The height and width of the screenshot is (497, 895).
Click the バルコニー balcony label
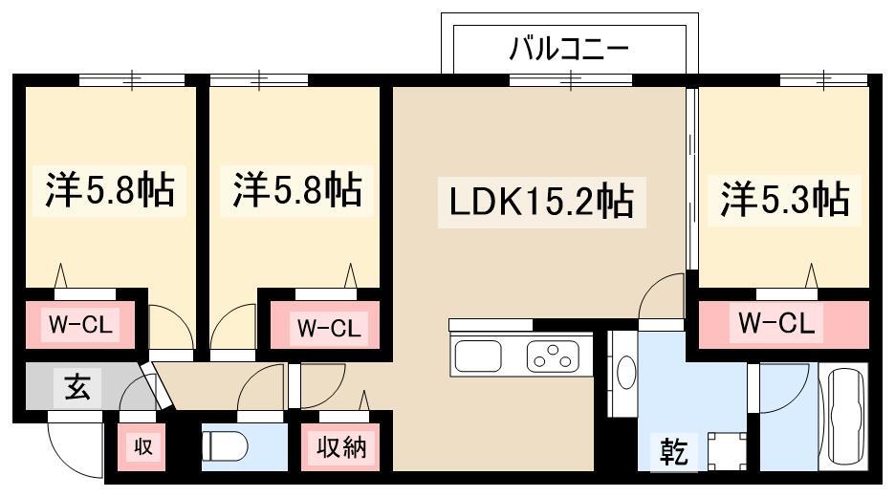point(569,47)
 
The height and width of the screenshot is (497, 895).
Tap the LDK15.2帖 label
point(541,202)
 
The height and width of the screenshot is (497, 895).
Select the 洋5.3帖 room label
point(784,200)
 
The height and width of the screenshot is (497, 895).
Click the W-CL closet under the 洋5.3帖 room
point(776,325)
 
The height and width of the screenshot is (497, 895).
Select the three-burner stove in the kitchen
point(553,358)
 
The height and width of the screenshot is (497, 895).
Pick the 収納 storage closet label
point(340,446)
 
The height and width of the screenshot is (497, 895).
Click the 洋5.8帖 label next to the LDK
point(296,190)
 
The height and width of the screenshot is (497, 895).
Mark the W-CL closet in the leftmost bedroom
point(80,325)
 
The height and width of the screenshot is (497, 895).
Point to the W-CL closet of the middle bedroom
point(327,328)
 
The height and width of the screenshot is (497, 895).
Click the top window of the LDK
point(570,80)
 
